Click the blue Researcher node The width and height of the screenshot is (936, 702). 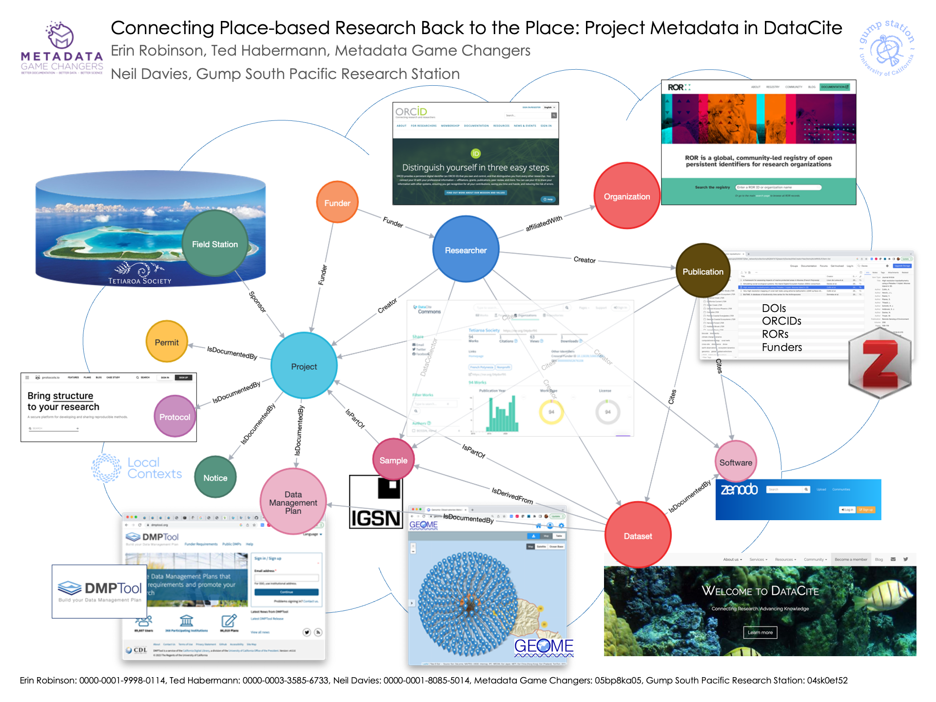click(466, 250)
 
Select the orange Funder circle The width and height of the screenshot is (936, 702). click(337, 203)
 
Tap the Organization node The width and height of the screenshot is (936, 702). click(626, 196)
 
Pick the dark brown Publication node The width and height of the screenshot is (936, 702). click(702, 271)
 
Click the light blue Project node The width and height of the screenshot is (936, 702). click(304, 366)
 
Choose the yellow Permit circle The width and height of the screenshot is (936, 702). click(167, 342)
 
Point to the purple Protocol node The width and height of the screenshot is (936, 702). click(175, 417)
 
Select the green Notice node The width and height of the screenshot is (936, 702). click(215, 478)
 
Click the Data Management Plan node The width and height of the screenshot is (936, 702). click(293, 502)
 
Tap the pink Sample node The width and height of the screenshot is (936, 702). click(393, 460)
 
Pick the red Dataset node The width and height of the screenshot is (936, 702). click(638, 536)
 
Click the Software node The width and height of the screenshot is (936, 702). click(736, 462)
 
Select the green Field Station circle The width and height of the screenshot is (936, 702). click(215, 244)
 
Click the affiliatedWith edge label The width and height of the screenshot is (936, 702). click(544, 223)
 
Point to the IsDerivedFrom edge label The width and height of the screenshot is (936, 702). click(512, 496)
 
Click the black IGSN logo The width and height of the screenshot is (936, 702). click(375, 502)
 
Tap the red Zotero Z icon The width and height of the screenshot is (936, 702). click(880, 363)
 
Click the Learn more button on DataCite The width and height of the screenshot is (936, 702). click(760, 632)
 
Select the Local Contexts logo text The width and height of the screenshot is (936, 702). click(154, 468)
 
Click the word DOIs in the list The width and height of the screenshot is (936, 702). click(774, 308)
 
